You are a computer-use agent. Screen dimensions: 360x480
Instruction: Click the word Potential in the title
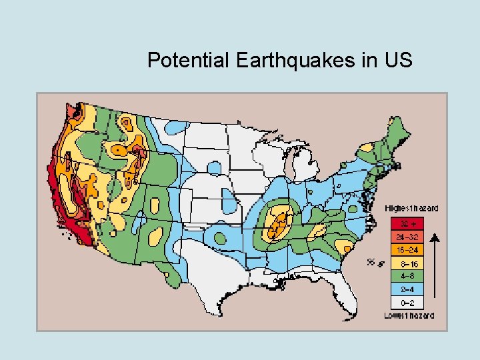point(187,61)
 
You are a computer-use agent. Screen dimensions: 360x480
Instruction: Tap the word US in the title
point(398,61)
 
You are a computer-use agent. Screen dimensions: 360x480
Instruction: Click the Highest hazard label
point(412,209)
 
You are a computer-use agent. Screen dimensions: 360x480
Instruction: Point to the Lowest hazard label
point(409,315)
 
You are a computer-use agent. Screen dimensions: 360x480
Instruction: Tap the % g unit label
point(374,263)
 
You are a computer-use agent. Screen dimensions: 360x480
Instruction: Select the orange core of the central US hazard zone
point(279,223)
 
